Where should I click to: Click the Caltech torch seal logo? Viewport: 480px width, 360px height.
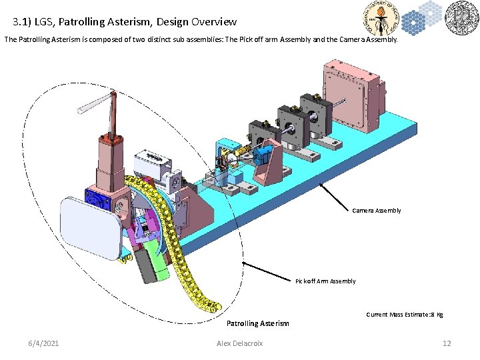381,19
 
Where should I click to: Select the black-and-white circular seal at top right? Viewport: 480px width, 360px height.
459,19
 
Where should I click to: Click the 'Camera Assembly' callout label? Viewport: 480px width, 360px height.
377,211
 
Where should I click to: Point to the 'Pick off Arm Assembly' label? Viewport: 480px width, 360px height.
325,281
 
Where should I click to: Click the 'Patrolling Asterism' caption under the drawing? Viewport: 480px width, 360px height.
258,323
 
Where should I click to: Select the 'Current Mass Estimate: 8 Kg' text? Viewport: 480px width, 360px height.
405,314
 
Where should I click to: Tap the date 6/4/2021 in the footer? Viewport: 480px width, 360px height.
43,343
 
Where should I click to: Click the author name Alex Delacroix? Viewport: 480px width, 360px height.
240,343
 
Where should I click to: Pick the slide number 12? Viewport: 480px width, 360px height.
447,343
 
